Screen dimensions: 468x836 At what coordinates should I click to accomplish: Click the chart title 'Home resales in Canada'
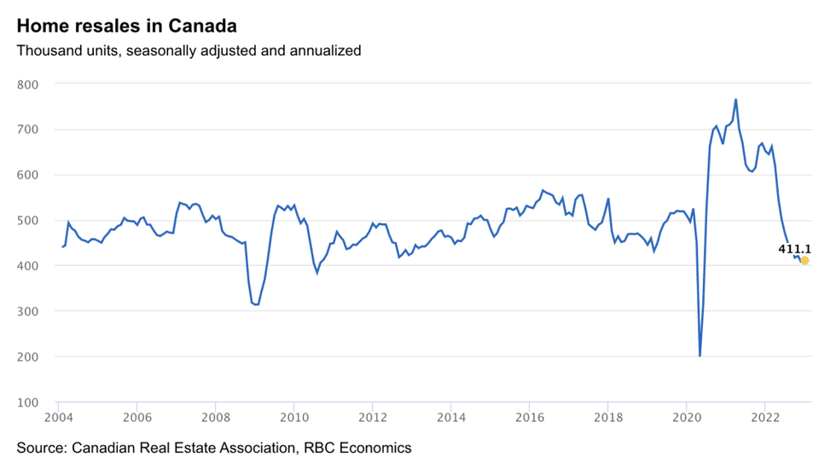[127, 26]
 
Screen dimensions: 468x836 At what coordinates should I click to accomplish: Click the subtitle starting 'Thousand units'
[189, 50]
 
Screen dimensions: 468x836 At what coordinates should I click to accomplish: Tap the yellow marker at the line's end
[804, 261]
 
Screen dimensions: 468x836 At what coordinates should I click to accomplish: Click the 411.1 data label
[794, 249]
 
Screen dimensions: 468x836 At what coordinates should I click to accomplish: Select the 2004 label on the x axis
[58, 418]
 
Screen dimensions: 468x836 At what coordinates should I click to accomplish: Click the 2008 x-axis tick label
[215, 418]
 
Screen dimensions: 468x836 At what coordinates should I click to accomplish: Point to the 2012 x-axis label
[372, 418]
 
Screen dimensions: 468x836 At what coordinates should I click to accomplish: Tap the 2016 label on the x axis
[529, 418]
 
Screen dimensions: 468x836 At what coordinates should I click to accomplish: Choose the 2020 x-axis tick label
[687, 418]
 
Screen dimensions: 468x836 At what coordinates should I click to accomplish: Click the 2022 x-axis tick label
[765, 418]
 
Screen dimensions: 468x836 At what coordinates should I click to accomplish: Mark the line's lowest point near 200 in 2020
[700, 355]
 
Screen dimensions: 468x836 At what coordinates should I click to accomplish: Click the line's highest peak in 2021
[735, 100]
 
